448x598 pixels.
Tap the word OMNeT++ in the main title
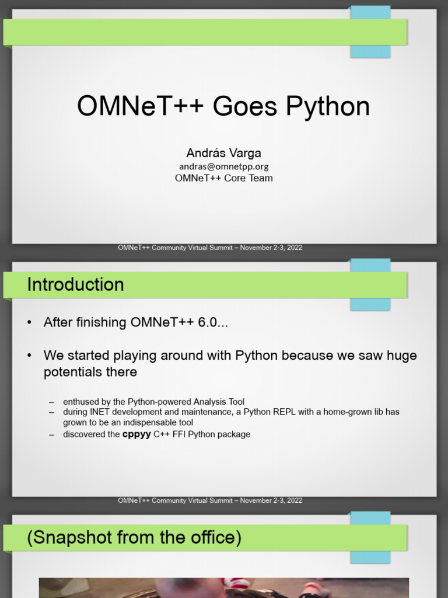[141, 107]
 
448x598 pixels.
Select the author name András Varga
[223, 153]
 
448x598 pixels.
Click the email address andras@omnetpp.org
[223, 166]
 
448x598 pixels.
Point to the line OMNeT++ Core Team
[223, 178]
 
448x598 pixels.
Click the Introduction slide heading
[75, 285]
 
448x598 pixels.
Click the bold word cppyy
[136, 434]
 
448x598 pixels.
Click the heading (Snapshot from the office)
[134, 538]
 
